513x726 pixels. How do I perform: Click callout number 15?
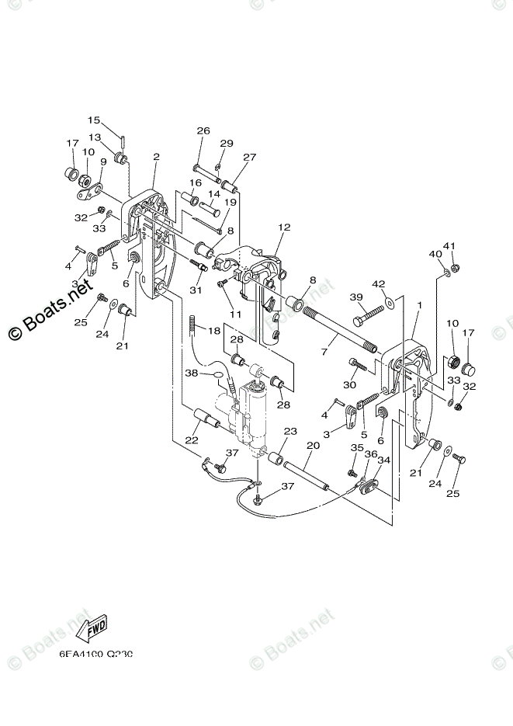coord(94,120)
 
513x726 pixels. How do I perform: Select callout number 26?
coord(203,130)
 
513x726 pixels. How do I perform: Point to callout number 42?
coord(378,283)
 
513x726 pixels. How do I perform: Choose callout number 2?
coord(156,157)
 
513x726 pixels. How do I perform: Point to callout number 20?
coord(313,446)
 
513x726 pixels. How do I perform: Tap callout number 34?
coord(383,460)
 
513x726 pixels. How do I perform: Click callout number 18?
coord(214,330)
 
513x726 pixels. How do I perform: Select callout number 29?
coord(227,143)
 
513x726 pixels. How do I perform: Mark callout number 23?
coord(290,431)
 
